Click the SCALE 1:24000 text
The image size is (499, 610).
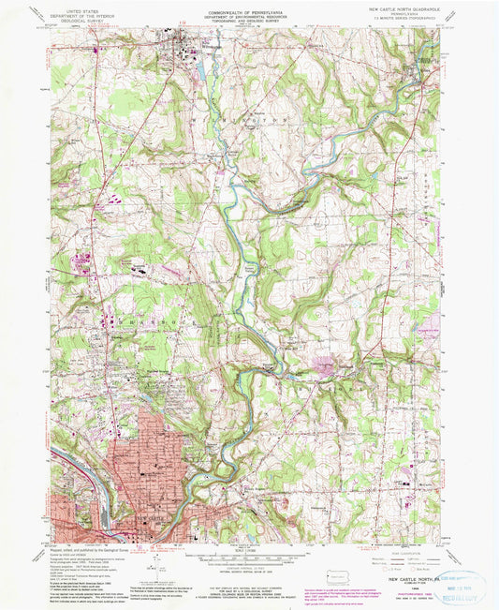pos(248,546)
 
